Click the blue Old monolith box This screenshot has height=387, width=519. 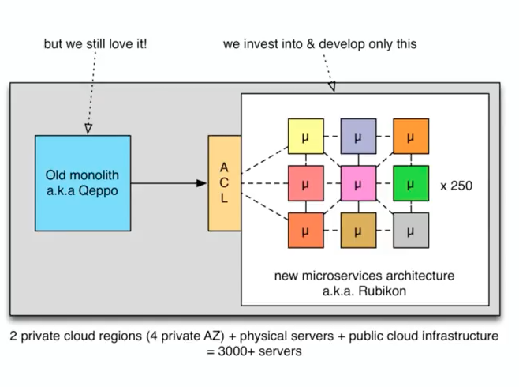(83, 182)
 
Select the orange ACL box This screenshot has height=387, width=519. (224, 183)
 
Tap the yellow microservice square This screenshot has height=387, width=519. (305, 137)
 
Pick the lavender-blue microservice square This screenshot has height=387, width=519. (358, 137)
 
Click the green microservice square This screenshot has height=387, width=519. (410, 184)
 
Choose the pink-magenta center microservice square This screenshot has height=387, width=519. (358, 184)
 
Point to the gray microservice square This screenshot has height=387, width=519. (410, 231)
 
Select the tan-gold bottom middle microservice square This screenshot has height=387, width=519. (358, 231)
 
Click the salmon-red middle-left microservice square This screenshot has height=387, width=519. (305, 184)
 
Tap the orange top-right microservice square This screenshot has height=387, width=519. (410, 137)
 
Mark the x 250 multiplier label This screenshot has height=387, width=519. (457, 186)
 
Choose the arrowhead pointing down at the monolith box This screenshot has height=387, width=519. (88, 127)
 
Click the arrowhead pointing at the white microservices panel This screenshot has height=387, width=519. (330, 85)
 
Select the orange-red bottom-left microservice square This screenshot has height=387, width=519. (305, 231)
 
